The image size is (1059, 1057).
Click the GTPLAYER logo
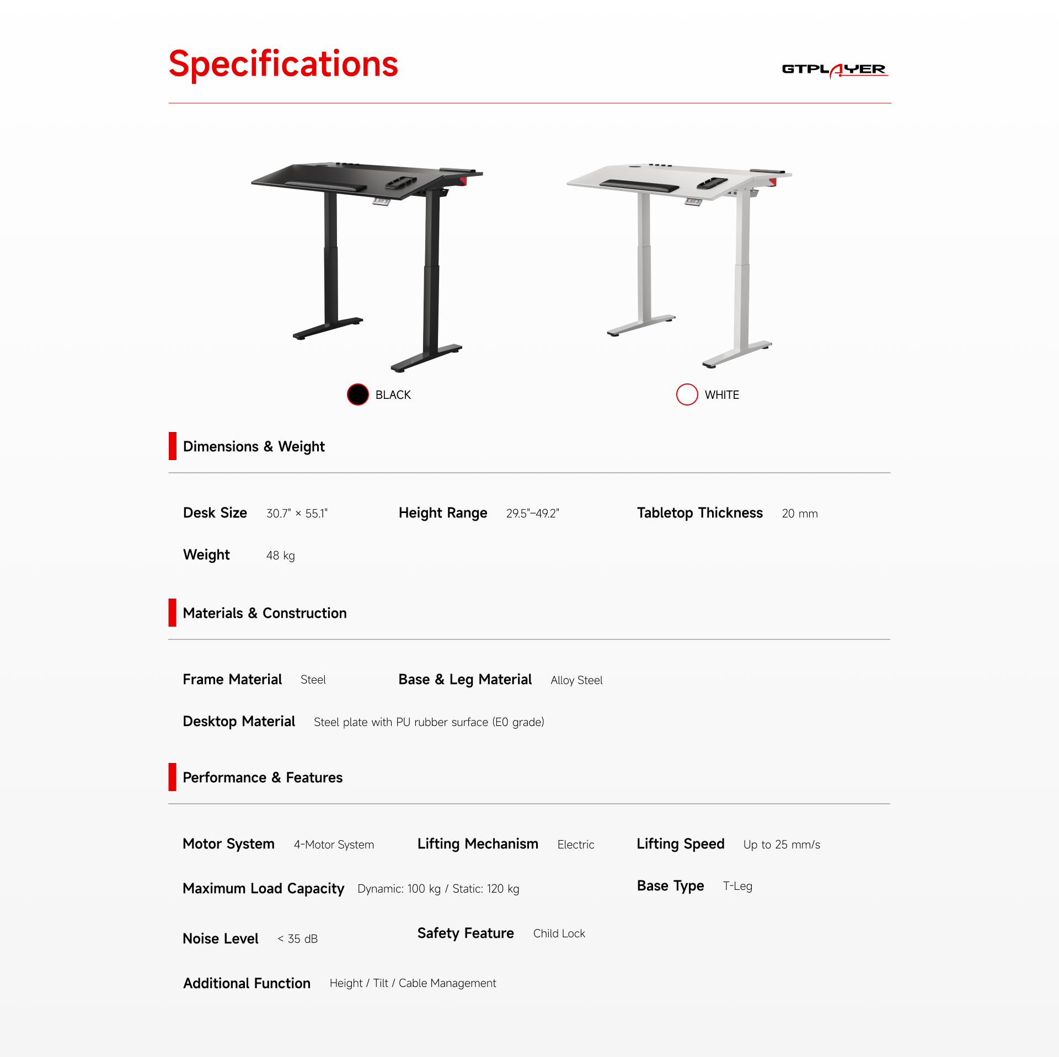click(x=835, y=70)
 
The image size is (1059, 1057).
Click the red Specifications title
click(x=283, y=65)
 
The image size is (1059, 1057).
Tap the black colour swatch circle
click(x=358, y=394)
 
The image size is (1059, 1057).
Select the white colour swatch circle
click(x=687, y=394)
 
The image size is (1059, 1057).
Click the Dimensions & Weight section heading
click(x=254, y=446)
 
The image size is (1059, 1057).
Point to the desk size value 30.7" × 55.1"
click(x=297, y=514)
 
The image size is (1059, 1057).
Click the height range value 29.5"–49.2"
click(x=533, y=514)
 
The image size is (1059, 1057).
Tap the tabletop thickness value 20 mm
click(x=800, y=514)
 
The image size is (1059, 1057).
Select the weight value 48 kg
click(x=281, y=556)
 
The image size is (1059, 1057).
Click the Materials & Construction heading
click(x=265, y=613)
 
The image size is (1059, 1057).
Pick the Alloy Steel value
click(x=576, y=680)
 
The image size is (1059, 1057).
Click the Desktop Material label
click(x=239, y=722)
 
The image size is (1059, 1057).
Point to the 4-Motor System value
click(x=334, y=845)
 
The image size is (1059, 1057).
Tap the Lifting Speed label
click(x=681, y=844)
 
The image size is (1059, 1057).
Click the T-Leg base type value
click(x=737, y=886)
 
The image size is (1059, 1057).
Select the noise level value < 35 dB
click(x=297, y=939)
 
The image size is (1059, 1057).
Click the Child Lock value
click(x=559, y=933)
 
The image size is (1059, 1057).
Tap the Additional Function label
click(x=247, y=983)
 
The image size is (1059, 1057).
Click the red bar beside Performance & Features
click(x=173, y=777)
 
